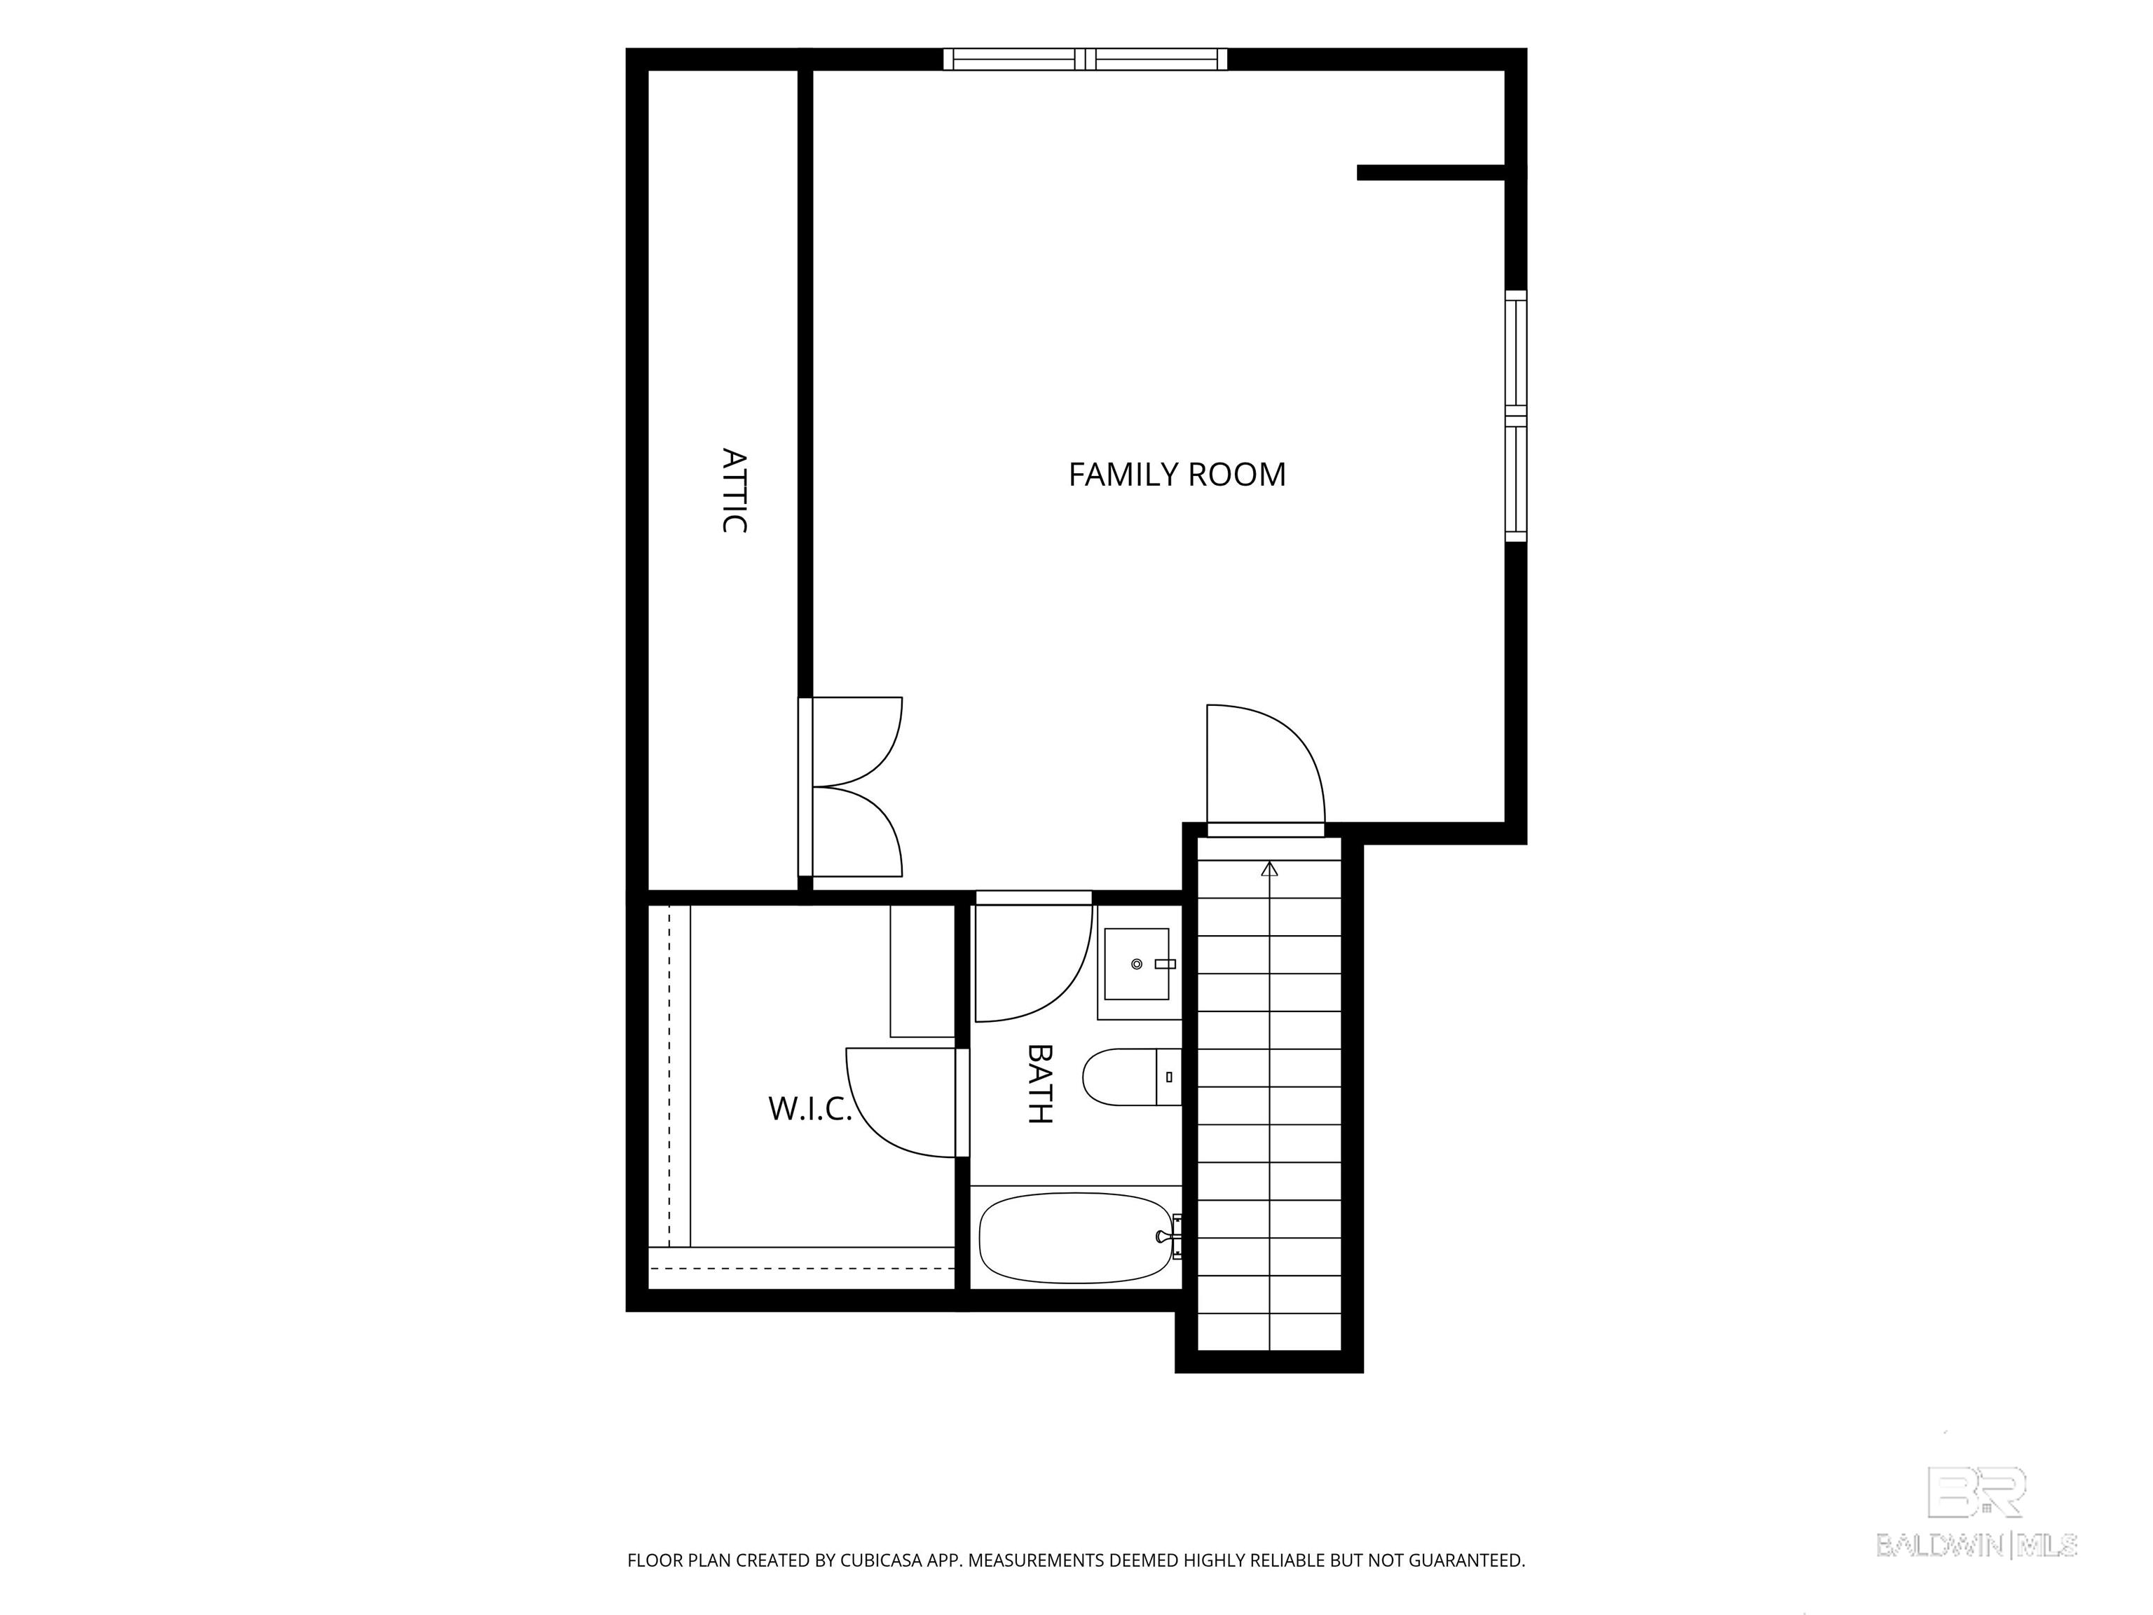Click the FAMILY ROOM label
point(1177,475)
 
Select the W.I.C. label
point(809,1108)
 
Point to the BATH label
point(1041,1084)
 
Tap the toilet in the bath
point(1131,1077)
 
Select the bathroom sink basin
point(1136,964)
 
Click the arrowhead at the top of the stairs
point(1269,868)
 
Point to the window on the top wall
point(1085,60)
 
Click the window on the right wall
point(1515,416)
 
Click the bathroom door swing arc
point(1034,962)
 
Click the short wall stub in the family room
point(1432,173)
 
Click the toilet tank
point(1168,1077)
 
